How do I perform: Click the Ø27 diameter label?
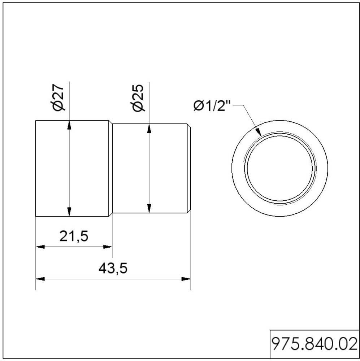click(58, 97)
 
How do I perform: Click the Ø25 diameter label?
click(138, 97)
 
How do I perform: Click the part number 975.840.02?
click(313, 343)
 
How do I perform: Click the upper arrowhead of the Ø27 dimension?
click(69, 124)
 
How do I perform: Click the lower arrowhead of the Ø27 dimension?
click(69, 212)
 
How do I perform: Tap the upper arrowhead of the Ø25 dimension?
click(149, 127)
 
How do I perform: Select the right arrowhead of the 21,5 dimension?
click(108, 247)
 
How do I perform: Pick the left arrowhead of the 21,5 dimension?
click(40, 247)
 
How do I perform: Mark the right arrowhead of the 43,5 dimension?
click(186, 279)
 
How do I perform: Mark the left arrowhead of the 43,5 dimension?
click(40, 279)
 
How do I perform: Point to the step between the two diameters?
click(110, 123)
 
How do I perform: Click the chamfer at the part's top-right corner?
click(189, 126)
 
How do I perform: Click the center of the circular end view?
click(280, 168)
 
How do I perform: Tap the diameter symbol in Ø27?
click(58, 106)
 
